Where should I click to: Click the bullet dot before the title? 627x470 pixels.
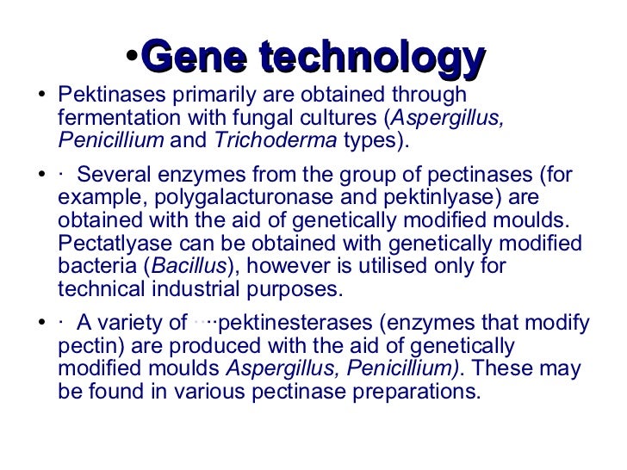[131, 57]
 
